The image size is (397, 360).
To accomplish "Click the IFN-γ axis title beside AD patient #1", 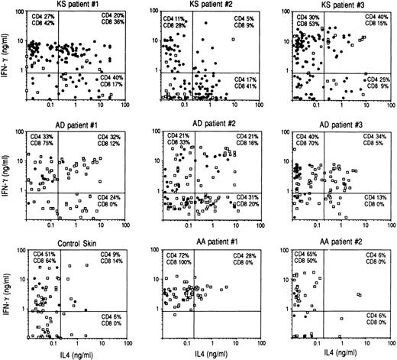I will click(x=5, y=175).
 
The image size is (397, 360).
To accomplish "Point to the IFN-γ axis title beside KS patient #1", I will click(x=5, y=57).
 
